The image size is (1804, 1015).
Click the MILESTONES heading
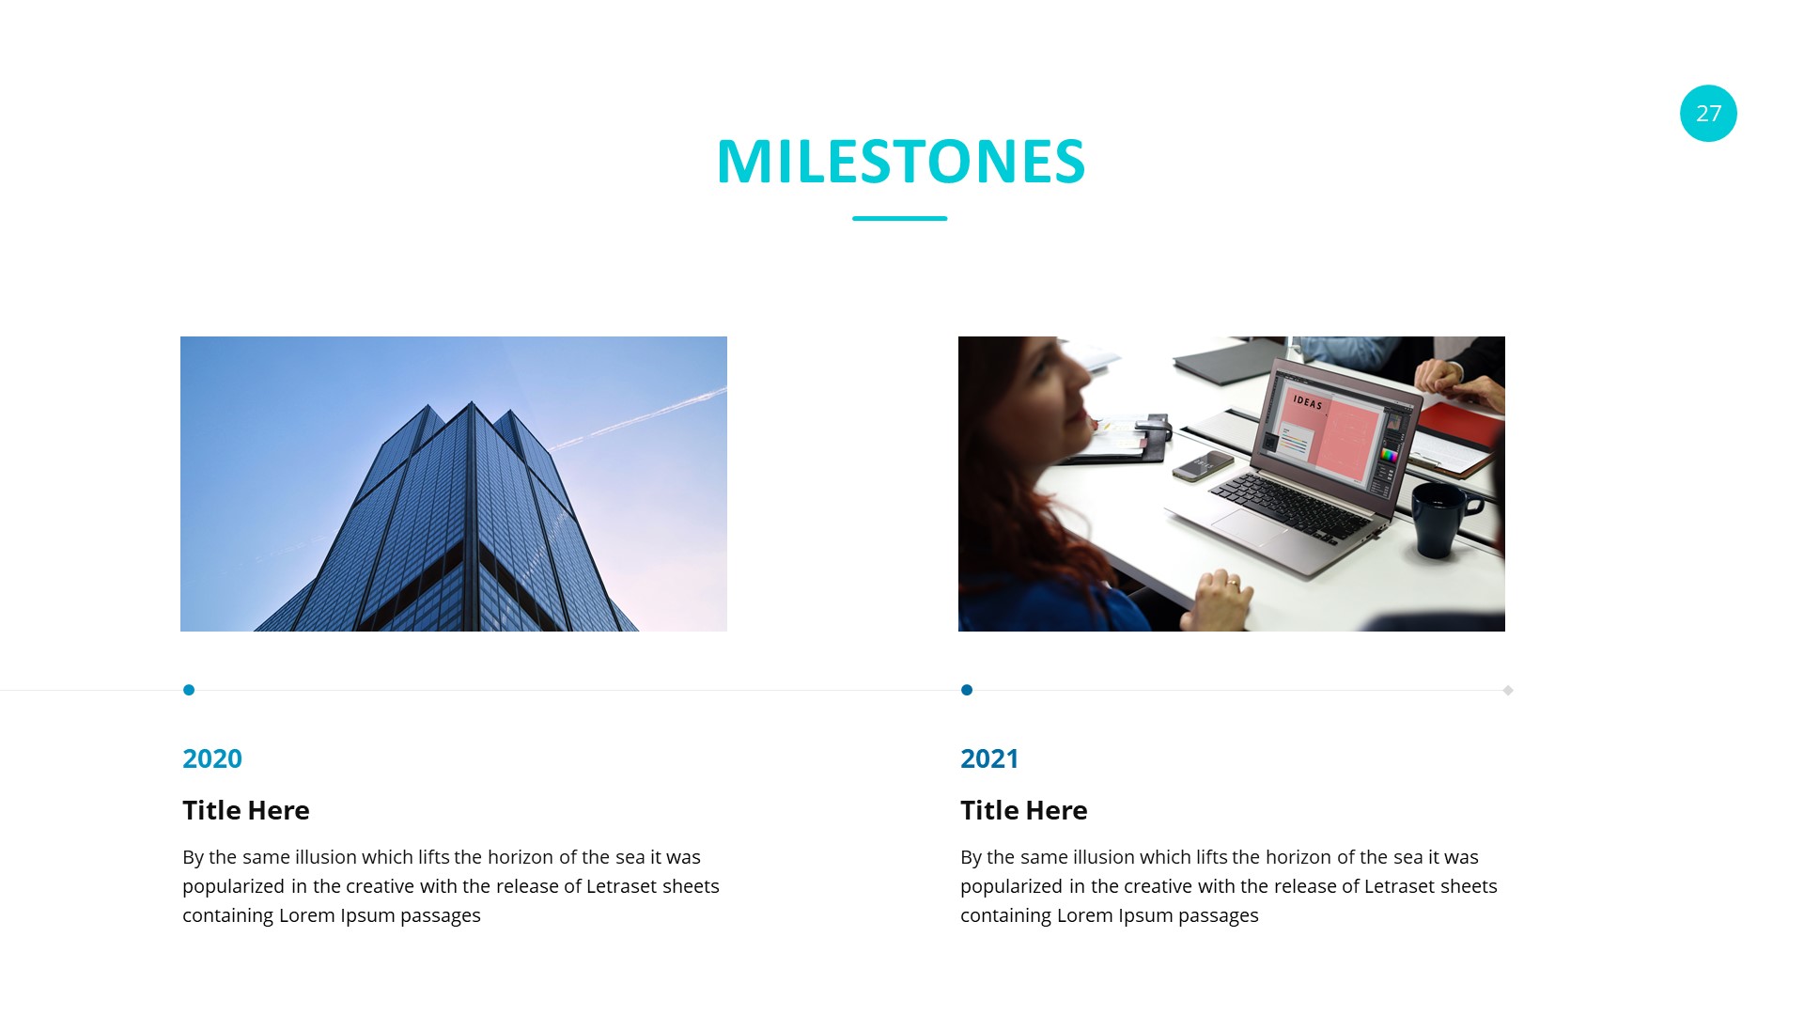[901, 162]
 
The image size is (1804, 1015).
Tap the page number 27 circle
[1708, 114]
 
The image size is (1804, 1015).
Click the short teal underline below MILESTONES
[900, 218]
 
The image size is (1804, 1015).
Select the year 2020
[212, 758]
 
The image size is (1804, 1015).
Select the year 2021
[989, 758]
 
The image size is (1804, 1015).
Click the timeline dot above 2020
[189, 690]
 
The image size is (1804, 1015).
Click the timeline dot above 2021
[967, 690]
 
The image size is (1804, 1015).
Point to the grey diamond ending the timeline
[1508, 691]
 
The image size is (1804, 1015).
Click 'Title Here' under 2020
[246, 810]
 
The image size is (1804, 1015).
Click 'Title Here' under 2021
[1024, 810]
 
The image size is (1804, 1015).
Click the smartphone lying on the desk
[1203, 465]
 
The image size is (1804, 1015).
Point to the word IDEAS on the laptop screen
[1308, 403]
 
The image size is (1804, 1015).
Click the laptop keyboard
[1292, 504]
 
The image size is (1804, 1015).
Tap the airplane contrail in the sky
[639, 418]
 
